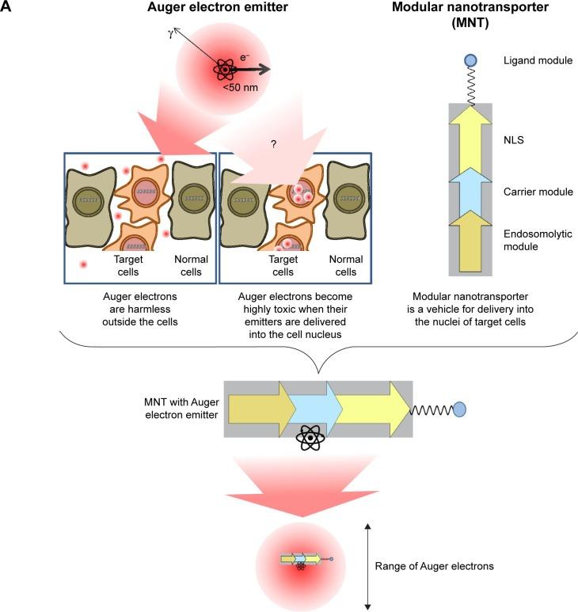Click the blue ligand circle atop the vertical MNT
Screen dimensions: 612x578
pos(470,60)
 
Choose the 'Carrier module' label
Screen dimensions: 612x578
pos(537,192)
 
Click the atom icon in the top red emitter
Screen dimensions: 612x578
pos(226,70)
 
